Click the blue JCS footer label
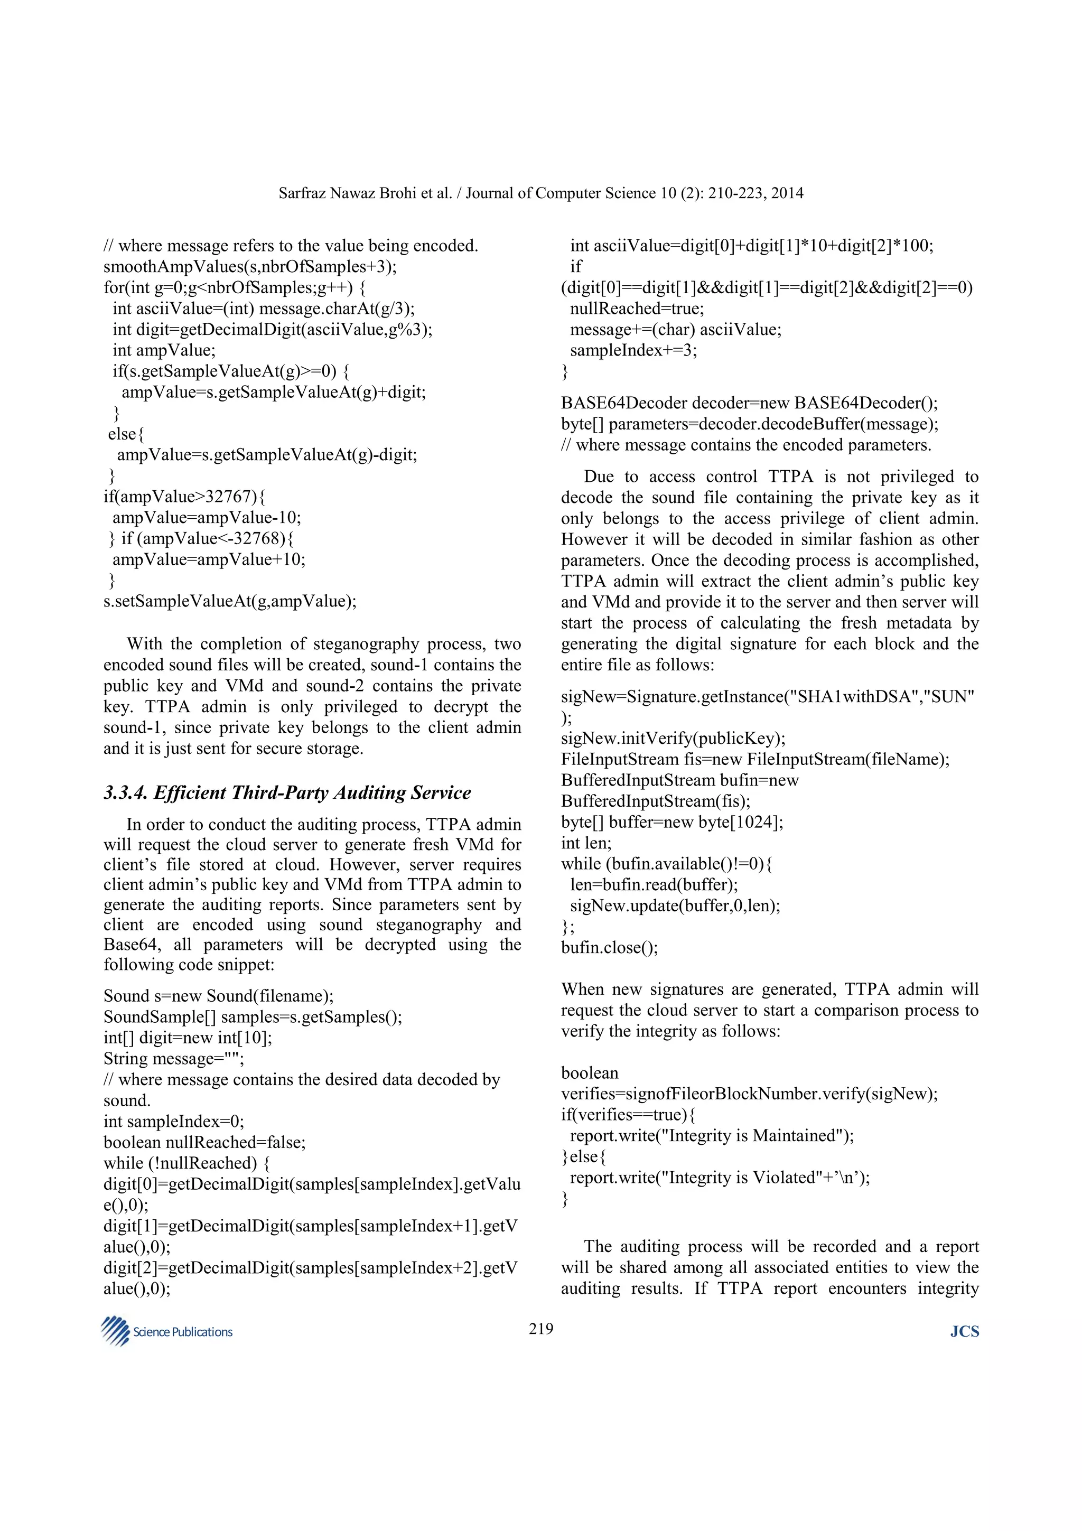pyautogui.click(x=964, y=1332)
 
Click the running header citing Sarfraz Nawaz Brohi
pyautogui.click(x=540, y=193)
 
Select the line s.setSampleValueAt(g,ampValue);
pyautogui.click(x=230, y=601)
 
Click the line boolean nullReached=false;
pyautogui.click(x=204, y=1142)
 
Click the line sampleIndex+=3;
pyautogui.click(x=633, y=351)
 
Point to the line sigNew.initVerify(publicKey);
pyautogui.click(x=673, y=738)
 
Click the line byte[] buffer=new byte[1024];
pyautogui.click(x=672, y=822)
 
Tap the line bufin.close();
pyautogui.click(x=609, y=948)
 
